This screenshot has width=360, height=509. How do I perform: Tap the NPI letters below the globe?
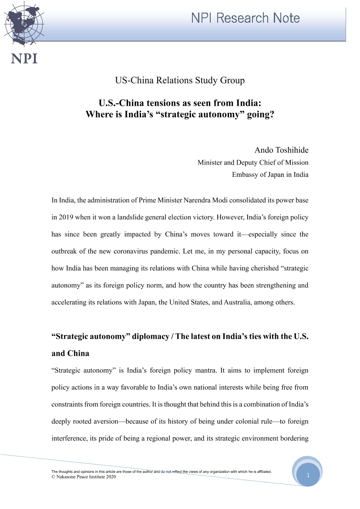[24, 58]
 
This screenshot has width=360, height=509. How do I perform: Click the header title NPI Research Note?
[246, 18]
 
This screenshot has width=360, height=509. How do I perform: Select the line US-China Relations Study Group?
[180, 80]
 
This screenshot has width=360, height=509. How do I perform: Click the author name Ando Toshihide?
[281, 150]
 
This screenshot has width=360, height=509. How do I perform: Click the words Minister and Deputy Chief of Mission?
[253, 162]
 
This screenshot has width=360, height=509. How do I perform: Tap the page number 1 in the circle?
[308, 475]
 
